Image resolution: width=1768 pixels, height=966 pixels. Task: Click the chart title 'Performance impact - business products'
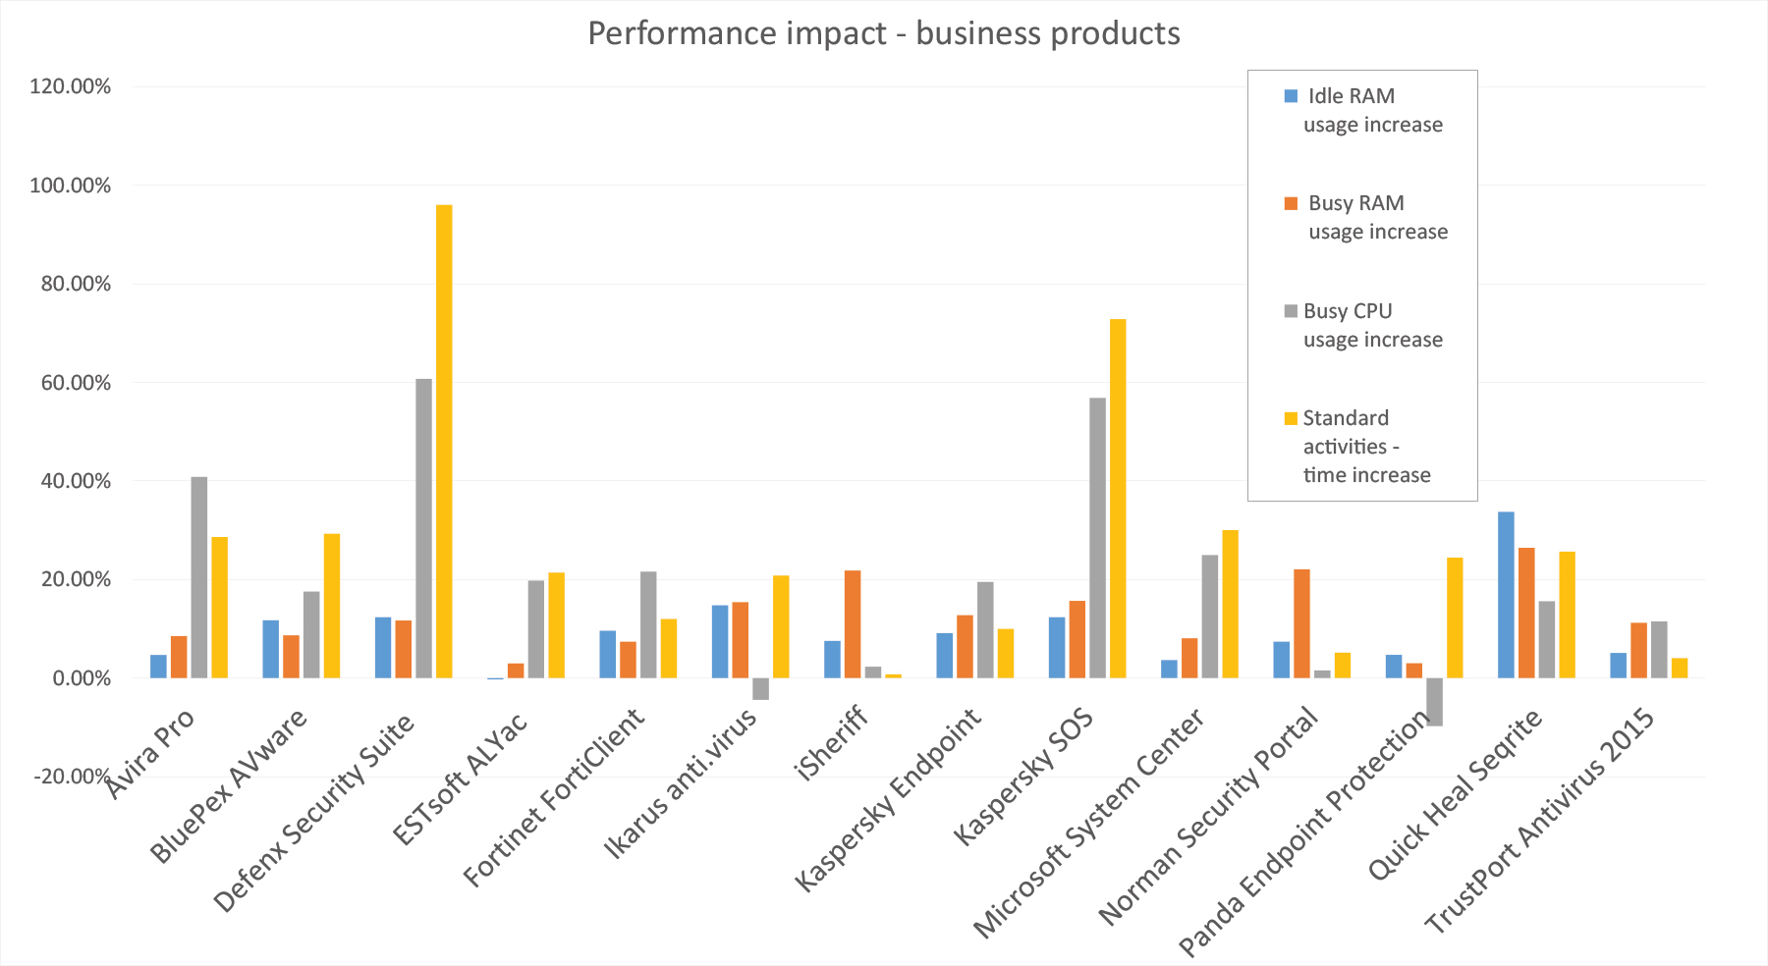click(884, 33)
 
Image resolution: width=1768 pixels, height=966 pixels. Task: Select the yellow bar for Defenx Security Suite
click(444, 441)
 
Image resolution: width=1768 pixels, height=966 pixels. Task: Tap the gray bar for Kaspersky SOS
click(1097, 538)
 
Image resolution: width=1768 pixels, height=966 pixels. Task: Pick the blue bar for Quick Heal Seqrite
click(1506, 595)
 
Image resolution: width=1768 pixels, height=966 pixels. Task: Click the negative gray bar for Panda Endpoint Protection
click(1435, 702)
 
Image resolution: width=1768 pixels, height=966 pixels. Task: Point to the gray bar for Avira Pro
click(199, 577)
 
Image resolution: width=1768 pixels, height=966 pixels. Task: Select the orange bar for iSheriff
click(853, 624)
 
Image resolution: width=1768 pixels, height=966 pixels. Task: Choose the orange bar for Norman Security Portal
click(1301, 623)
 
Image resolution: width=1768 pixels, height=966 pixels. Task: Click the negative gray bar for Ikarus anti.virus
click(760, 689)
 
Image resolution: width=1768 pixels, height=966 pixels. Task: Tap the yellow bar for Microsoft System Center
click(1230, 604)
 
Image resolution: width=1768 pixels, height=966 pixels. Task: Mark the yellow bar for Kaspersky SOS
click(1118, 499)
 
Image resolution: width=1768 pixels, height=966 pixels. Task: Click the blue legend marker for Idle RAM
click(1292, 96)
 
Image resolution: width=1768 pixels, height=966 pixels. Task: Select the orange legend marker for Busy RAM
click(1292, 203)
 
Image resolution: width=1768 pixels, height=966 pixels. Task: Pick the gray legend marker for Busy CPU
click(1292, 311)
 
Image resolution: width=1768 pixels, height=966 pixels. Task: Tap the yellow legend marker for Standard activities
click(1292, 418)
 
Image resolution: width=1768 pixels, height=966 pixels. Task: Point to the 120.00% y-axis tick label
click(70, 86)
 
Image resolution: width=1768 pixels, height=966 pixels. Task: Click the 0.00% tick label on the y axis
click(82, 678)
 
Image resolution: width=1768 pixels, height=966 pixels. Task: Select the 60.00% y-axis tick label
click(76, 383)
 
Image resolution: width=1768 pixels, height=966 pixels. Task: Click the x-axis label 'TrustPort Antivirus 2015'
click(1540, 820)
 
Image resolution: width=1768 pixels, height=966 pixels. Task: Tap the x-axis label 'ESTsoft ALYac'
click(460, 778)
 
